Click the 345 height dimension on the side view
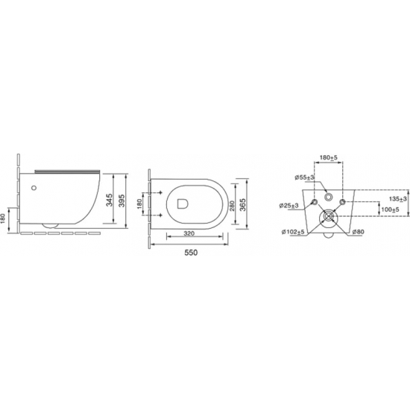tap(110, 200)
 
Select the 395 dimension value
tap(122, 201)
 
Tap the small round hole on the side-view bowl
tap(34, 188)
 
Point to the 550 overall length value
tap(191, 253)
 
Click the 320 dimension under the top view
tap(189, 233)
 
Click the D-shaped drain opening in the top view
tap(183, 204)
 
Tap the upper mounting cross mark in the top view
tap(160, 193)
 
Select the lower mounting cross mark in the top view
tap(160, 215)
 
